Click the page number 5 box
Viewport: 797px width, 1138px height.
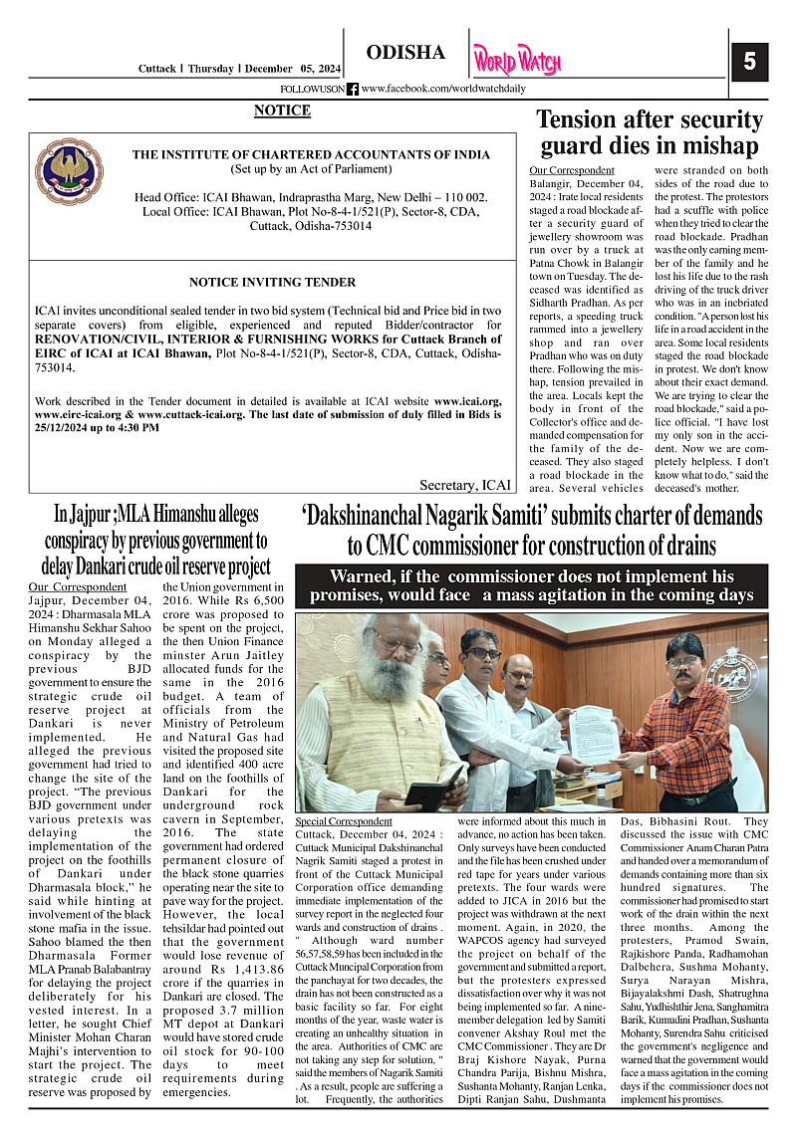point(748,62)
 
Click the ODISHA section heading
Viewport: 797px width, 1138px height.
point(405,53)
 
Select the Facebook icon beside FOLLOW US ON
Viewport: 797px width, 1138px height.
point(353,89)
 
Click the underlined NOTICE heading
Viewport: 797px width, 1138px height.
point(282,111)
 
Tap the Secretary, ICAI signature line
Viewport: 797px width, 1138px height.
point(465,485)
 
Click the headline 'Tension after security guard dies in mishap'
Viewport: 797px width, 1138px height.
point(649,132)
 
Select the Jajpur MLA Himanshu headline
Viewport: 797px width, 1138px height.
point(156,540)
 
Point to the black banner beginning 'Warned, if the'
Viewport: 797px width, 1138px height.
point(532,585)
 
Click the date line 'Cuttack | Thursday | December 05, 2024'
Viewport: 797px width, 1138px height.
point(239,69)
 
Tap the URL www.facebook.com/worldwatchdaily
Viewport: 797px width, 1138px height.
point(443,89)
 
